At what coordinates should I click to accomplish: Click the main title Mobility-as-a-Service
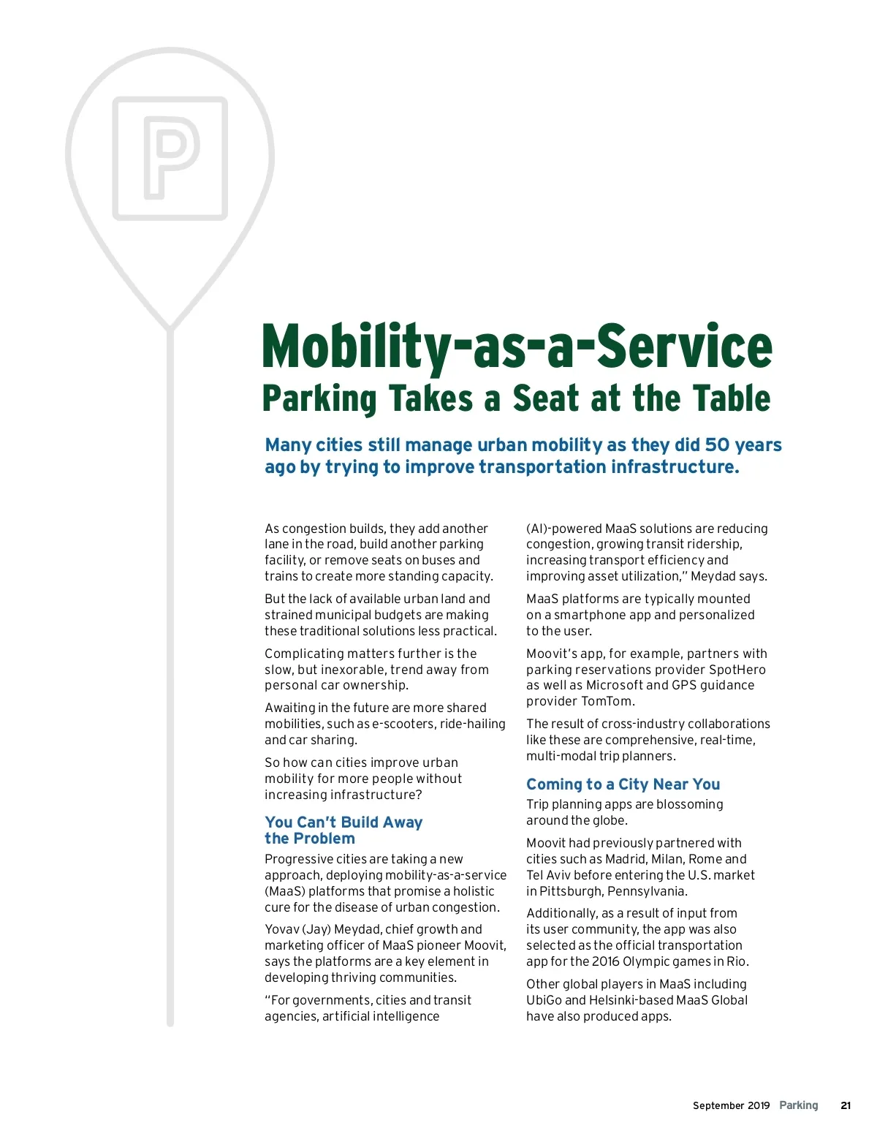coord(517,346)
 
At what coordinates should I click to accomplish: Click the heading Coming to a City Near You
coord(623,784)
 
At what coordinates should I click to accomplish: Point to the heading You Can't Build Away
coord(343,822)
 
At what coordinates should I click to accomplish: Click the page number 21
coord(846,1105)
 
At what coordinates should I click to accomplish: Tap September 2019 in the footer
coord(731,1105)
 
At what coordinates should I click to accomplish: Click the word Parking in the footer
coord(798,1105)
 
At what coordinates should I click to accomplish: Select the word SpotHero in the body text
coord(737,670)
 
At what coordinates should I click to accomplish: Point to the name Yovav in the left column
coord(281,929)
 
